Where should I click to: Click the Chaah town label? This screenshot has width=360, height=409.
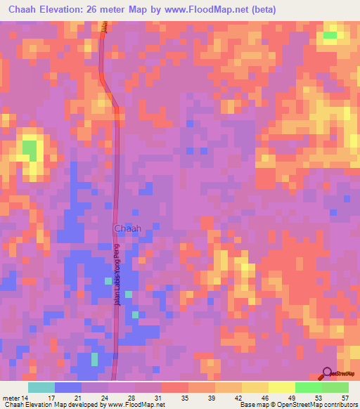pyautogui.click(x=127, y=228)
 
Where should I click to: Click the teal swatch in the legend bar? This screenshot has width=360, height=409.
pyautogui.click(x=41, y=387)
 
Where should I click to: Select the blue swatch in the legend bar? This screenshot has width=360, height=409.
pyautogui.click(x=68, y=387)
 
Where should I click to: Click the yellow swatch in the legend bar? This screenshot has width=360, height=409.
pyautogui.click(x=255, y=387)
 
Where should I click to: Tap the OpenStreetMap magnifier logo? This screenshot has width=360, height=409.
pyautogui.click(x=328, y=373)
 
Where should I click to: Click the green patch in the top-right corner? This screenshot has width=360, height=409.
pyautogui.click(x=330, y=34)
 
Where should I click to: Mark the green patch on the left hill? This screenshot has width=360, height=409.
pyautogui.click(x=29, y=148)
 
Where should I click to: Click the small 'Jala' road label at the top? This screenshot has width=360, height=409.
pyautogui.click(x=103, y=27)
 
